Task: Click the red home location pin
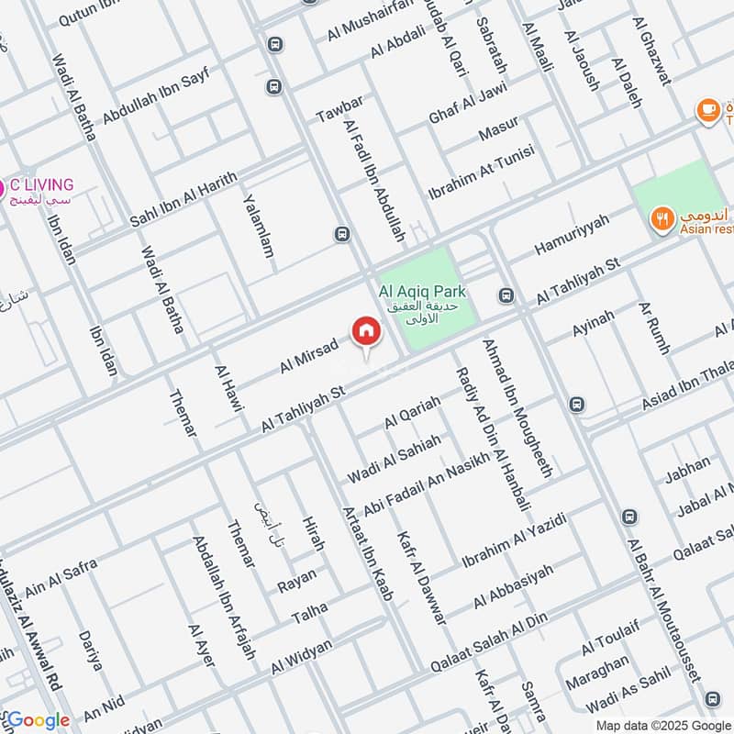[365, 331]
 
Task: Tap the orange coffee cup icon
[707, 111]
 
